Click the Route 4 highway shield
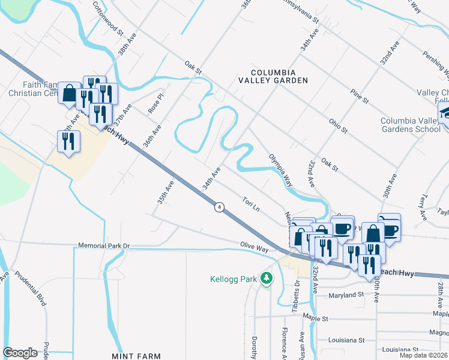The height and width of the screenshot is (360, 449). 220,207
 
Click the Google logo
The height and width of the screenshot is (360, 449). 20,352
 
